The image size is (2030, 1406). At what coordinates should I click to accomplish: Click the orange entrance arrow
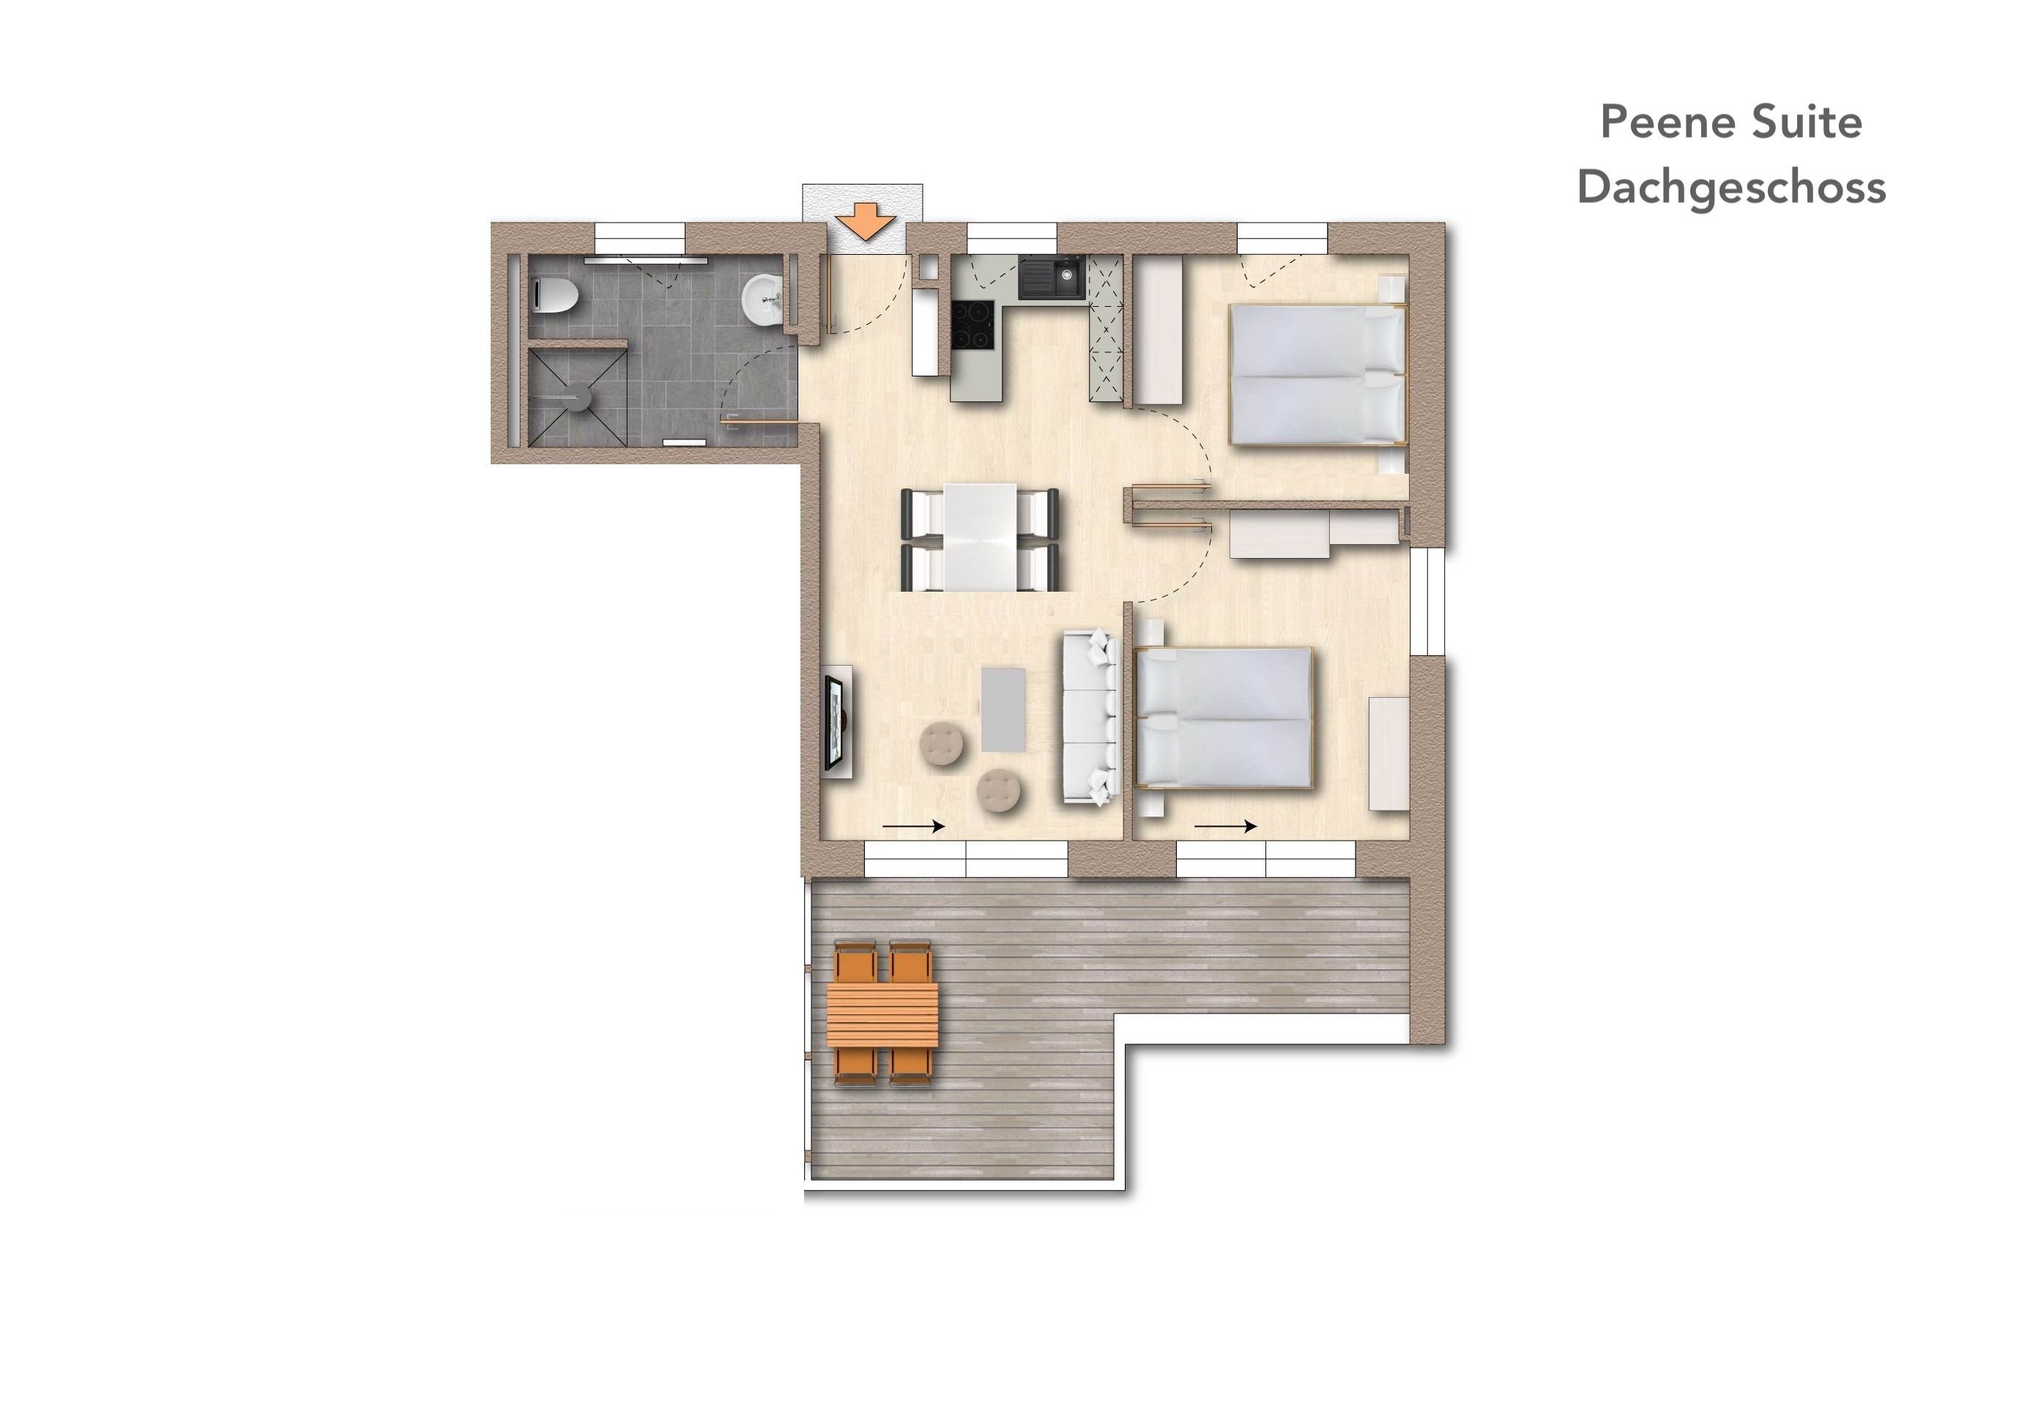[865, 222]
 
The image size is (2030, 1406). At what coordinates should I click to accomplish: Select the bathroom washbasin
[763, 300]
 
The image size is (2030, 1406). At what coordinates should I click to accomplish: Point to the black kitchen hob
[973, 325]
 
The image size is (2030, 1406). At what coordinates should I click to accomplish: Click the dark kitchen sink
[1052, 277]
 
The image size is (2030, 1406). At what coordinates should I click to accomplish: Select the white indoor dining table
[980, 537]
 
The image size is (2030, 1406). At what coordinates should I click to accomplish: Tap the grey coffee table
[1003, 709]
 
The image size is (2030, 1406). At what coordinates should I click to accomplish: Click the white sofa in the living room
[1090, 716]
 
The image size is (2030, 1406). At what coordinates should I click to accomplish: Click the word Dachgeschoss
[1731, 187]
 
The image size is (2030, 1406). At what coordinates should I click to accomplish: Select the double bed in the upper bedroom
[1316, 373]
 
